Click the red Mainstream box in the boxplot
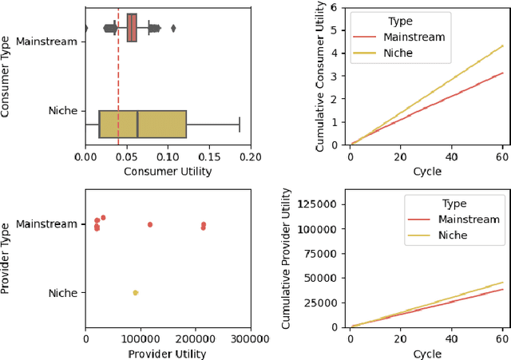pyautogui.click(x=132, y=27)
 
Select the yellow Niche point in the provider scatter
pyautogui.click(x=135, y=293)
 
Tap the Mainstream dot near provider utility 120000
pyautogui.click(x=149, y=224)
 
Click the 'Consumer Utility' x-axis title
pyautogui.click(x=168, y=172)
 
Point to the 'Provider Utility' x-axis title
pyautogui.click(x=168, y=354)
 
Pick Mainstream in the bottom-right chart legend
pyautogui.click(x=464, y=220)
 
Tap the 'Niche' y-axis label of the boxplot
pyautogui.click(x=62, y=111)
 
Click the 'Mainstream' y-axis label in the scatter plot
pyautogui.click(x=47, y=224)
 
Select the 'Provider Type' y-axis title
pyautogui.click(x=6, y=258)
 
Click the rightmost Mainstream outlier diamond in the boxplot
pyautogui.click(x=173, y=29)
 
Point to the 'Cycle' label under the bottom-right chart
pyautogui.click(x=426, y=354)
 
